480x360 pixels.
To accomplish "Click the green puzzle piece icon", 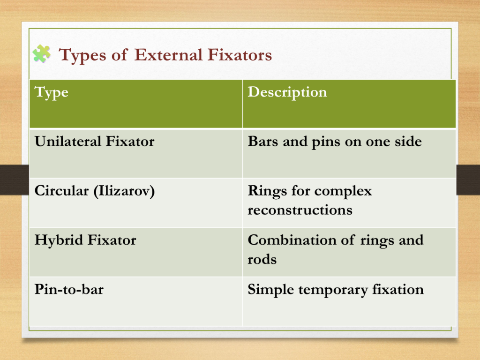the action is [x=42, y=54].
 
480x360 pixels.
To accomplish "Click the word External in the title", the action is [x=168, y=55].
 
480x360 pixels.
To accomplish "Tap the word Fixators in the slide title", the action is [x=240, y=55].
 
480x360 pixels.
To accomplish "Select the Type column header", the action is [x=51, y=92].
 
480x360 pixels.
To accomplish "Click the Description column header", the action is [x=287, y=92].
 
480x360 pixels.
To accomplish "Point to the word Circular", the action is [x=61, y=191].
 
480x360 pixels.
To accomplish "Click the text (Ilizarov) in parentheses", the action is [x=124, y=191].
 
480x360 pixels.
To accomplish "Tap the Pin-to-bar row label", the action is [x=69, y=289].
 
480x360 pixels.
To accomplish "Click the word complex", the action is [x=343, y=192].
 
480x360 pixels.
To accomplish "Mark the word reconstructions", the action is [x=300, y=210].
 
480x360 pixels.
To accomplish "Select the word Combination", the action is [x=292, y=240].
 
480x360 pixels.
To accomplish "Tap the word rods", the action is [x=262, y=259].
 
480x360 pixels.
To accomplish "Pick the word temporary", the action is [x=333, y=290].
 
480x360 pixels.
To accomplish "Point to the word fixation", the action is [x=398, y=289].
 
